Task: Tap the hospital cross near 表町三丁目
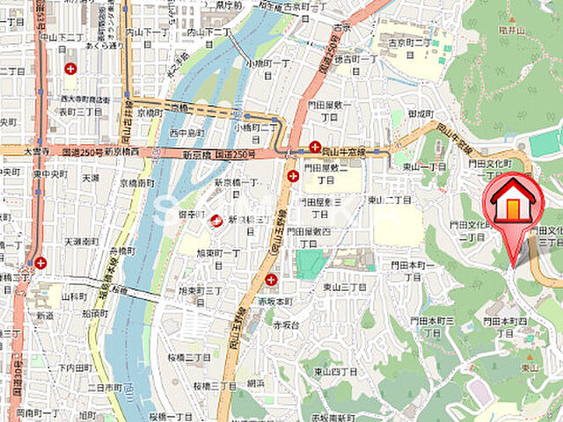(x=70, y=68)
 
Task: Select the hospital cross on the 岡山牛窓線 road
(x=314, y=147)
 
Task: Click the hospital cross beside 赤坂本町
(x=270, y=280)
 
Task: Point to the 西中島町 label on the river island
(x=186, y=133)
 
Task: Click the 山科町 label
(x=75, y=299)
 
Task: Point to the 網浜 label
(x=256, y=383)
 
